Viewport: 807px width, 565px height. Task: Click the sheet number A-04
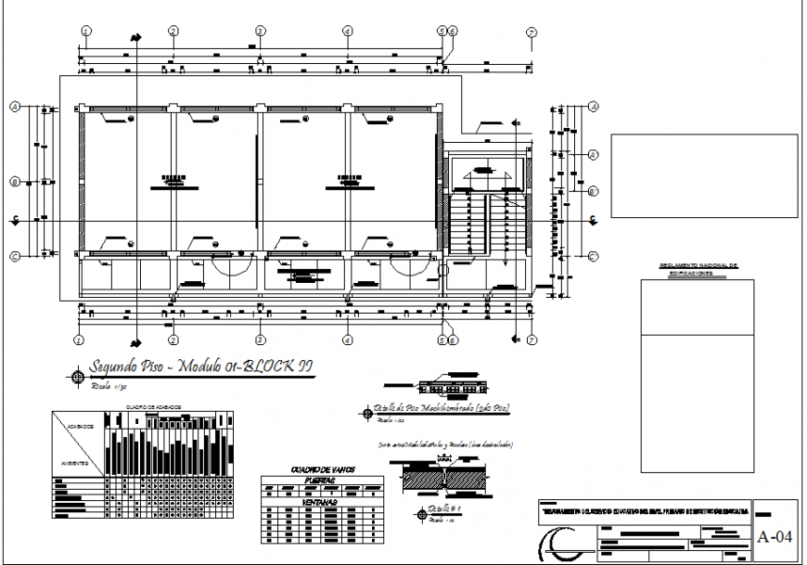tap(775, 536)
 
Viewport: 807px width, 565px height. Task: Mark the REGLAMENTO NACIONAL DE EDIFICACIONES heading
tap(698, 270)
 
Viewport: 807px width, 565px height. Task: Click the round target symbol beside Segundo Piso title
tap(77, 376)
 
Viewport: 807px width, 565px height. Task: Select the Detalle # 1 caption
tap(445, 509)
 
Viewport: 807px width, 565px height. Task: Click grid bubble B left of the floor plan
tap(15, 181)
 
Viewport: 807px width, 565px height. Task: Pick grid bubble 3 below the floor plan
tap(261, 340)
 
